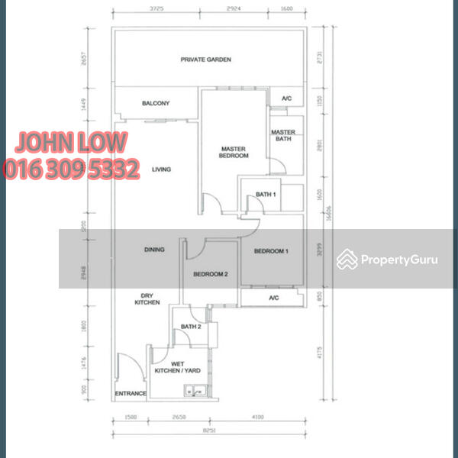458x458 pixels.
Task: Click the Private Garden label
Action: tap(205, 60)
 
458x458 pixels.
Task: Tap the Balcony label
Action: tap(156, 104)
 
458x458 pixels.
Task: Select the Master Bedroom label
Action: tap(234, 152)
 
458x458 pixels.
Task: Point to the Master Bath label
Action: tap(283, 136)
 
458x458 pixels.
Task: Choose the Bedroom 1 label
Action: tap(270, 251)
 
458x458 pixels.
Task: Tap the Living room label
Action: tap(161, 169)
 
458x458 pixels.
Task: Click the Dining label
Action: tap(155, 250)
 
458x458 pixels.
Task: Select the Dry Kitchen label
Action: tap(149, 299)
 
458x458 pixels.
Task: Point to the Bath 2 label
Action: tap(190, 327)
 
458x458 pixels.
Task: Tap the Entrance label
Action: tap(131, 394)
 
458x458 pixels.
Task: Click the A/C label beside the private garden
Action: tap(286, 98)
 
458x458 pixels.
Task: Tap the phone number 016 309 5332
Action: tap(72, 169)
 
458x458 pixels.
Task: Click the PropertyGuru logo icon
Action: tap(347, 260)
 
